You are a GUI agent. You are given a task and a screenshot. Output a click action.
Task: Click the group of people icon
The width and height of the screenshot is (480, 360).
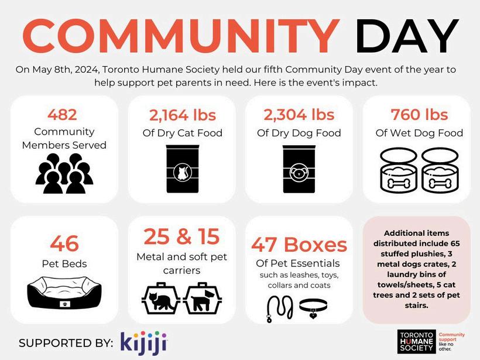click(64, 173)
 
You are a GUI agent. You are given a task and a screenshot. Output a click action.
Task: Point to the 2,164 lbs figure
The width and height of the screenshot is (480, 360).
click(182, 114)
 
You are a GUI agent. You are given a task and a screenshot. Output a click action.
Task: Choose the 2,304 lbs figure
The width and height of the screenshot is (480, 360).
click(300, 114)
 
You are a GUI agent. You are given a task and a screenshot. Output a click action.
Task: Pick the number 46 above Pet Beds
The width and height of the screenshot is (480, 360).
click(64, 243)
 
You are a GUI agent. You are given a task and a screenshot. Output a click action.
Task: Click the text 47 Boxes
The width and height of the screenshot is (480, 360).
click(299, 244)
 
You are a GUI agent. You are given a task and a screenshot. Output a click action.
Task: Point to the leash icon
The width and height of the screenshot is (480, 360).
click(273, 307)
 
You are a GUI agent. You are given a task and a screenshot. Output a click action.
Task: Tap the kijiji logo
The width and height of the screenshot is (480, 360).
click(144, 342)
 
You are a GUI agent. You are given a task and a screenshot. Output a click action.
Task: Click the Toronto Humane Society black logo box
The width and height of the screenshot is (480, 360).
click(416, 341)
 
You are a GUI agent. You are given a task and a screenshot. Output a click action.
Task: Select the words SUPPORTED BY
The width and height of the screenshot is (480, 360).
click(66, 343)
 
